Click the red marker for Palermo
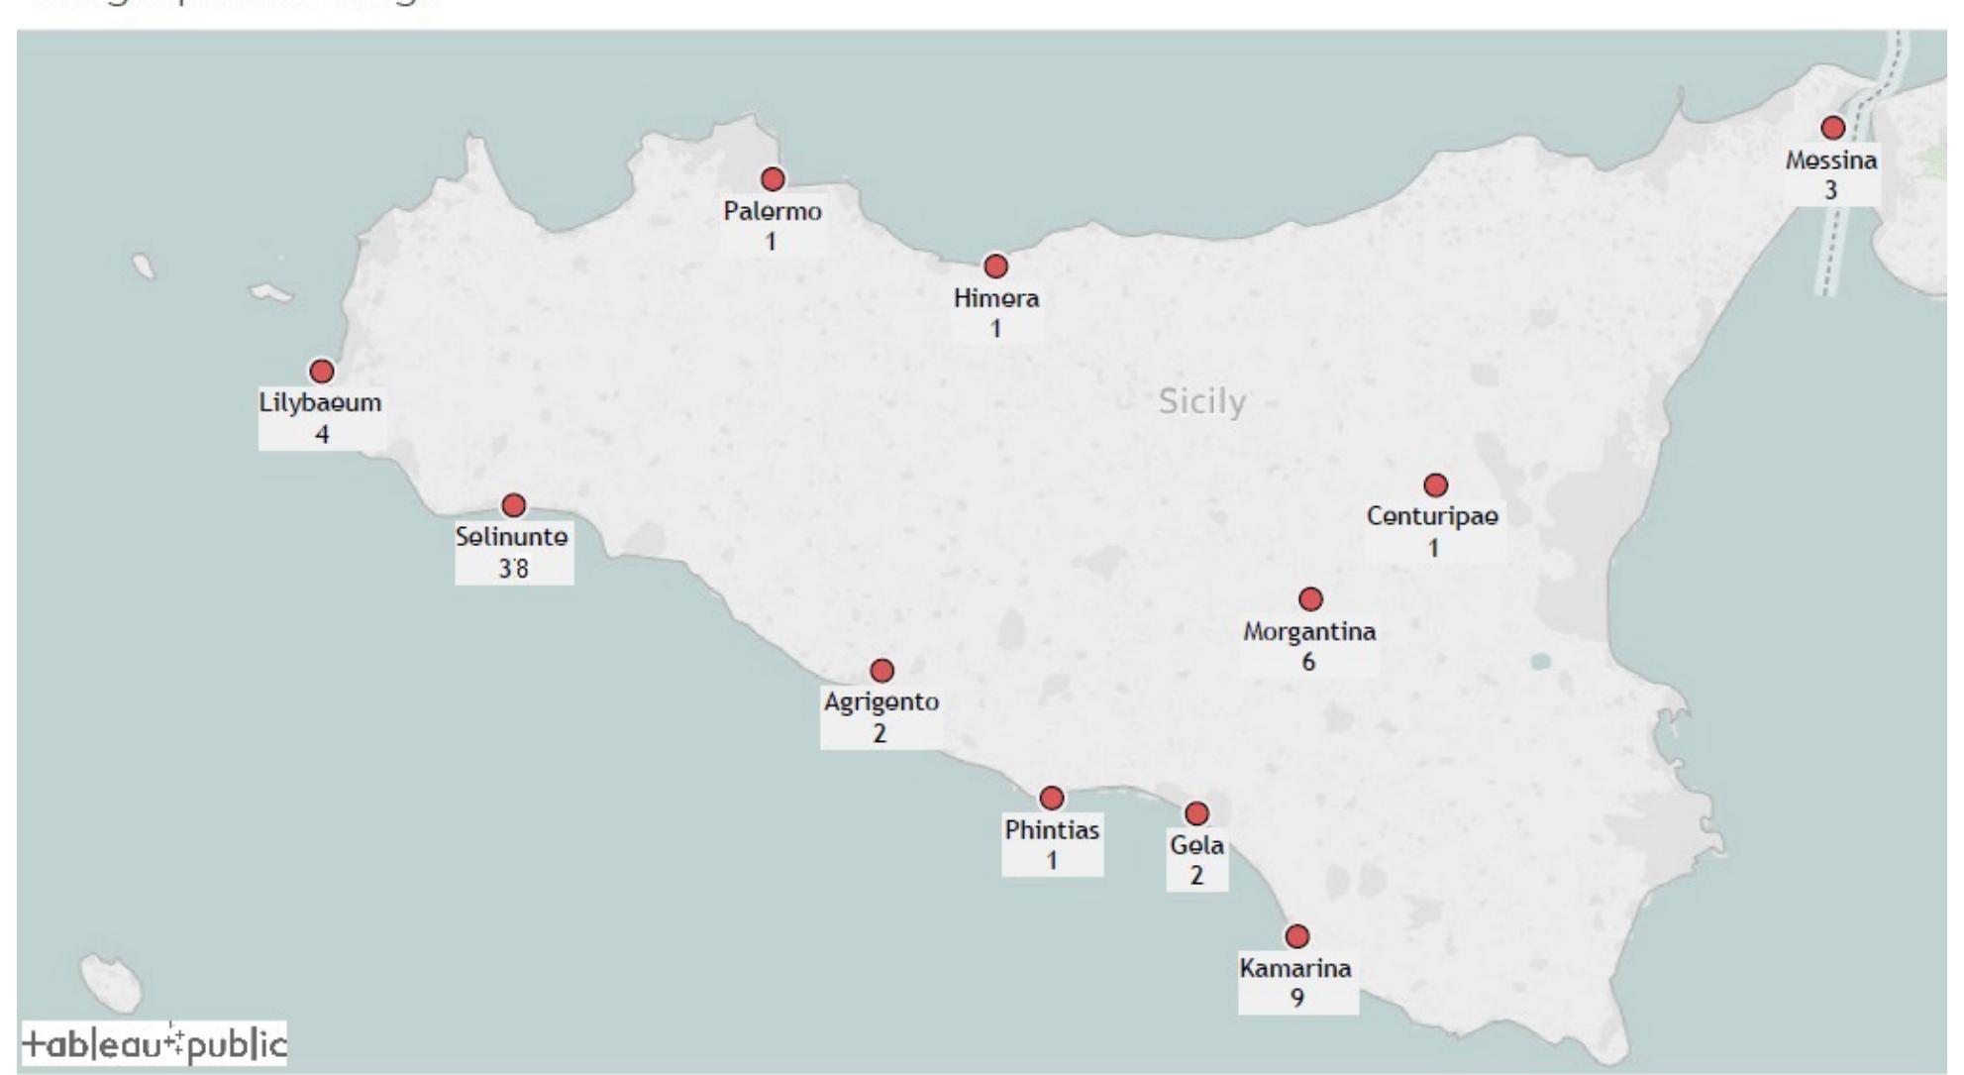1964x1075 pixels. coord(773,179)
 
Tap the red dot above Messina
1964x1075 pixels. coord(1832,128)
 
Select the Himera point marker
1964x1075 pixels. coord(995,267)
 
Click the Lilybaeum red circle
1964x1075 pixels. coord(322,372)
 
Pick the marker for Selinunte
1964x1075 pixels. coord(513,506)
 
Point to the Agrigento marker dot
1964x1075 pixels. coord(881,671)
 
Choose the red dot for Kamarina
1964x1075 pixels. coord(1296,936)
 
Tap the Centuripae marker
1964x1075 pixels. coord(1435,485)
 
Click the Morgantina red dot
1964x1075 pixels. coord(1310,599)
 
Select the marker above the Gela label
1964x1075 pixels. coord(1196,813)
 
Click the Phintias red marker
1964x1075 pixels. coord(1052,798)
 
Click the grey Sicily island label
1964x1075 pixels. coord(1201,401)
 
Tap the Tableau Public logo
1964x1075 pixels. coord(154,1044)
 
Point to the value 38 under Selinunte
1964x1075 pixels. coord(513,568)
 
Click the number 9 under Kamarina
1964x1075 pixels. coord(1296,998)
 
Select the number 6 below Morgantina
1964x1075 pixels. coord(1308,662)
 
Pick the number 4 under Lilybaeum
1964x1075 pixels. coord(322,434)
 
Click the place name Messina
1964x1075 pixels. coord(1831,161)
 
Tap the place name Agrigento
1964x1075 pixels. coord(881,702)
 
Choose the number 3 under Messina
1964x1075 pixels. coord(1830,189)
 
